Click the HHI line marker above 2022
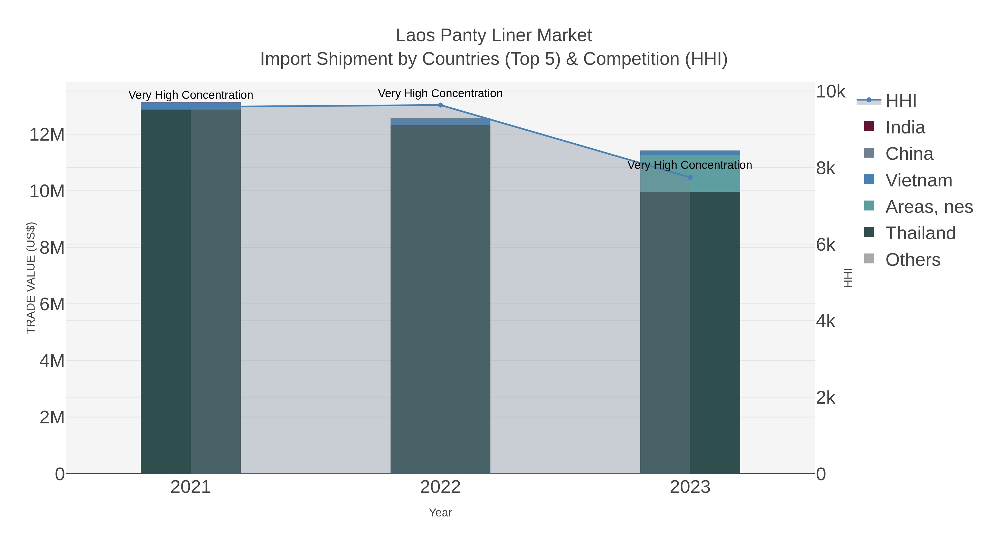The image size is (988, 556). tap(440, 105)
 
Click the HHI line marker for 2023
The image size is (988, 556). tap(690, 177)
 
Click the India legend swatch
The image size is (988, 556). tap(869, 126)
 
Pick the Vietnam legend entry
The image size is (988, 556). tap(919, 180)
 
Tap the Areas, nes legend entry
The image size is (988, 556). tap(928, 207)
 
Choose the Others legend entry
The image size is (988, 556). tap(913, 260)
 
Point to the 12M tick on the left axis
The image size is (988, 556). tap(47, 135)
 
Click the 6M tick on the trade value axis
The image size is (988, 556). tap(52, 304)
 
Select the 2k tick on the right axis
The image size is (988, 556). tap(825, 398)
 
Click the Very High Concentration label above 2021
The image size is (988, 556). tap(191, 95)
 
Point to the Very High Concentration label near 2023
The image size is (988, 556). tap(690, 165)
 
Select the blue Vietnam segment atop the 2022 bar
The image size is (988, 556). tap(440, 122)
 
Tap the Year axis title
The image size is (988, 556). tap(440, 513)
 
